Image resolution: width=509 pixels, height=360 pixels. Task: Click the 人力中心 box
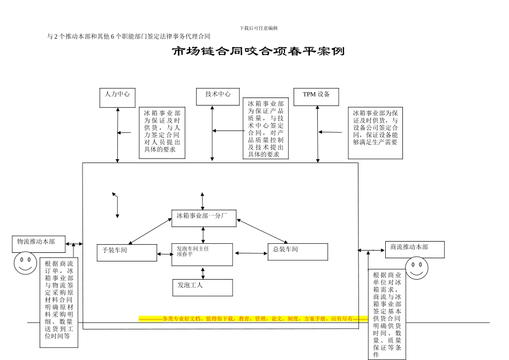(x=117, y=97)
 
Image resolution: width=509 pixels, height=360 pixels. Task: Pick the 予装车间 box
(x=127, y=252)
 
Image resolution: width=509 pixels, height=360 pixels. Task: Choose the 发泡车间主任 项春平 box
(x=202, y=254)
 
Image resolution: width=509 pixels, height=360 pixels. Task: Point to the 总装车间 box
(x=297, y=252)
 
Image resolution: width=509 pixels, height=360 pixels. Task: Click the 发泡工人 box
(x=202, y=287)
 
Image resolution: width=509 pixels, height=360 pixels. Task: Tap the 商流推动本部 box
(x=414, y=249)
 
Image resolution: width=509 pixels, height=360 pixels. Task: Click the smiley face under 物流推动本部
(x=25, y=264)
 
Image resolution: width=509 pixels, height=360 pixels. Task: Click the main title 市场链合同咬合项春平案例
(x=258, y=52)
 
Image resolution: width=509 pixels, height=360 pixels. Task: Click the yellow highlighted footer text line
(x=253, y=319)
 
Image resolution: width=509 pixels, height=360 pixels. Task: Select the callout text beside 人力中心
(x=162, y=134)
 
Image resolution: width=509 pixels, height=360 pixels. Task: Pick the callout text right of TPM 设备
(x=375, y=132)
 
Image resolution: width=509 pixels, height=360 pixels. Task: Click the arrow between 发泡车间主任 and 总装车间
(x=250, y=253)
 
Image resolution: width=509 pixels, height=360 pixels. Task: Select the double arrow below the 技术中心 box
(x=213, y=133)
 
